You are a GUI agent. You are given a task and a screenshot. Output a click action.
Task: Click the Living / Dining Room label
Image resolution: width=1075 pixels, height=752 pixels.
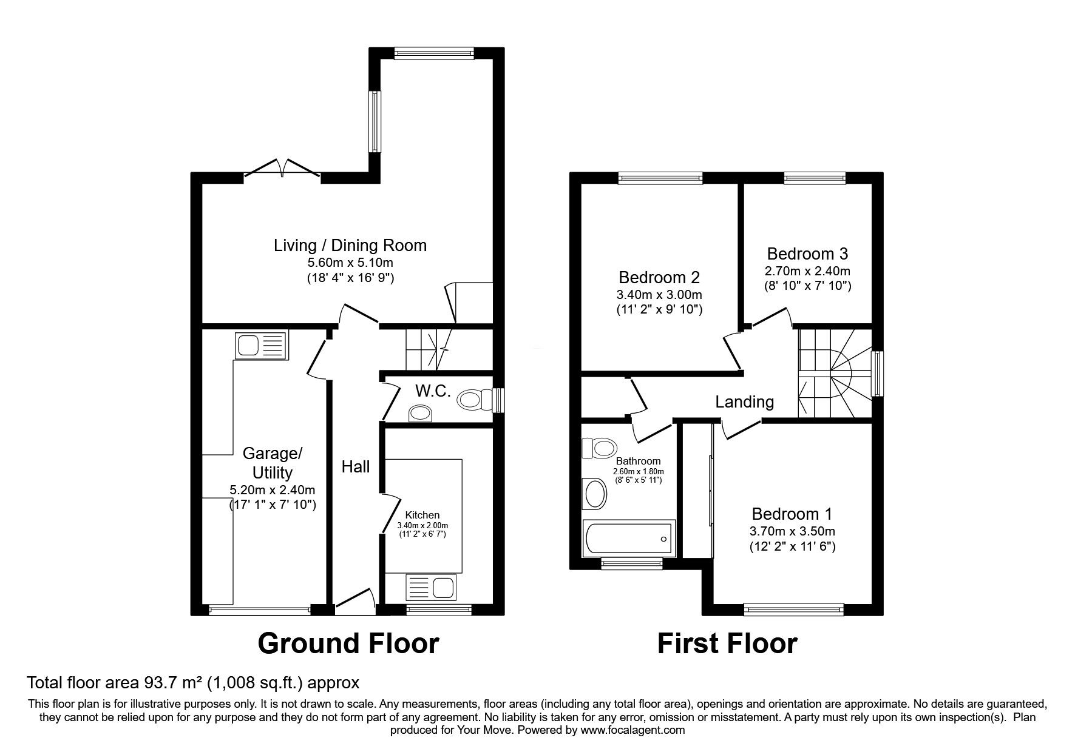tap(350, 246)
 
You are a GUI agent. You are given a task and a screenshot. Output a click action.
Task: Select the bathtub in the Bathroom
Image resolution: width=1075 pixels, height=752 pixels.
tap(629, 538)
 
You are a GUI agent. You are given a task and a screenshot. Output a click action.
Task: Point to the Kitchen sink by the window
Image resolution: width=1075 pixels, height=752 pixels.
tap(430, 587)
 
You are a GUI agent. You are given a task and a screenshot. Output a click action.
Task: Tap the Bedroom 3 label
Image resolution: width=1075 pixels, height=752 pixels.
tap(807, 253)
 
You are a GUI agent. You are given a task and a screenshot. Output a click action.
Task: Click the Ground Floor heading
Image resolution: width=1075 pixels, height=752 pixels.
tap(348, 643)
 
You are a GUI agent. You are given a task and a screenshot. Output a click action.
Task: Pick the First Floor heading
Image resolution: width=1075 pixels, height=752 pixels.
tap(727, 643)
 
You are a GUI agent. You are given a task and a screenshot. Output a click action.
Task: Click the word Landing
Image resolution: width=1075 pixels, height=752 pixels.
tap(745, 402)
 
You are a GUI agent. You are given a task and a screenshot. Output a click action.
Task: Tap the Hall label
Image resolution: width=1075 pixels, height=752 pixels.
tap(356, 466)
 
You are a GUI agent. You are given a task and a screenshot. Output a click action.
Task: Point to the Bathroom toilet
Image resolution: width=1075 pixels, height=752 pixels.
tap(597, 449)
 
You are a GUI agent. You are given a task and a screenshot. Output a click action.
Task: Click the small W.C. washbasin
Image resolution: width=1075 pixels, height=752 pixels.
tap(421, 414)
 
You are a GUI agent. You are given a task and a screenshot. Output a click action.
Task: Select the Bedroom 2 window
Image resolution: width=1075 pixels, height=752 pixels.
tap(660, 178)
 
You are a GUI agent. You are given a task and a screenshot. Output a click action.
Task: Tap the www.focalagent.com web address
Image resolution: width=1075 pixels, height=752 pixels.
tap(632, 730)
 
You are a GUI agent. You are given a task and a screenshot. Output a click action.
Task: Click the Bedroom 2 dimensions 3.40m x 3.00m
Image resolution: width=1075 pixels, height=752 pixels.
tap(660, 295)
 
